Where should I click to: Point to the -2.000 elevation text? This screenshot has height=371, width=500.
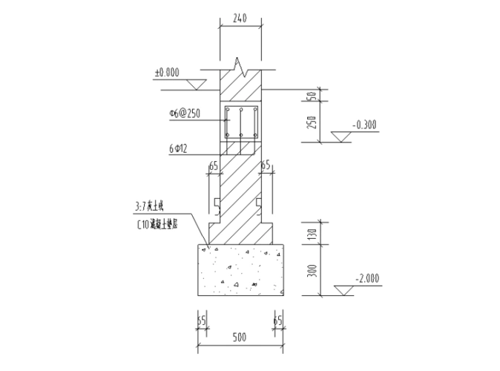368,278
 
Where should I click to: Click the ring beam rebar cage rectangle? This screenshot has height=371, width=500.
240,122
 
